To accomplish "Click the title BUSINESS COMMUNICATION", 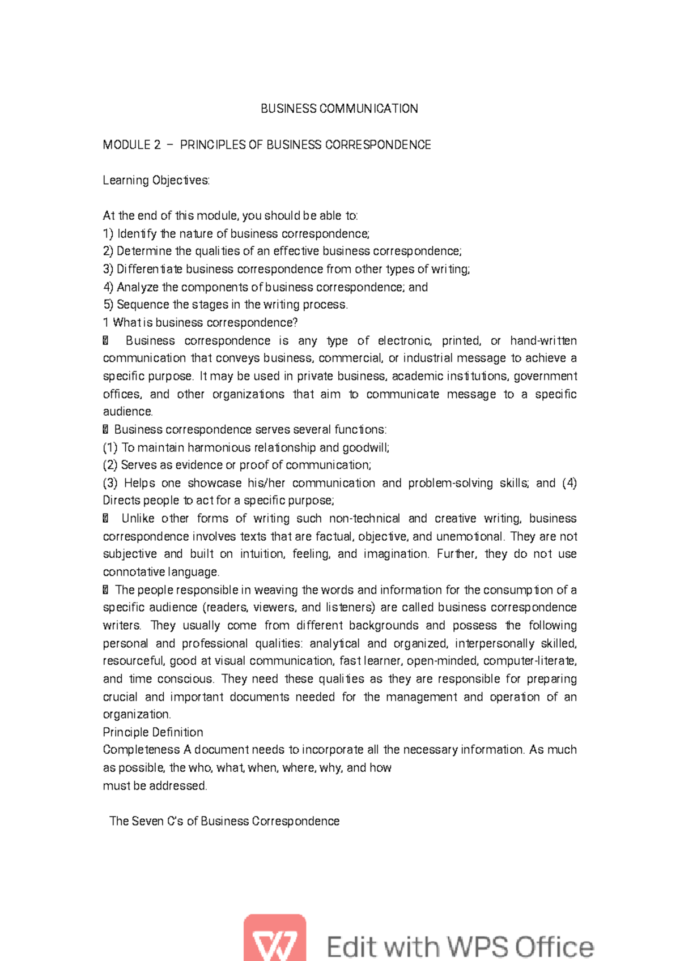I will [339, 109].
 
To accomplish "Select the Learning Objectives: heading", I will [156, 181].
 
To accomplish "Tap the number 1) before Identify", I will [108, 234].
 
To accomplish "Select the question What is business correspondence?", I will [205, 323].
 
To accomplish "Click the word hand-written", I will [543, 341].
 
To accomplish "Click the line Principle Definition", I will [152, 732].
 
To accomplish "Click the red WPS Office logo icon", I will [275, 937].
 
